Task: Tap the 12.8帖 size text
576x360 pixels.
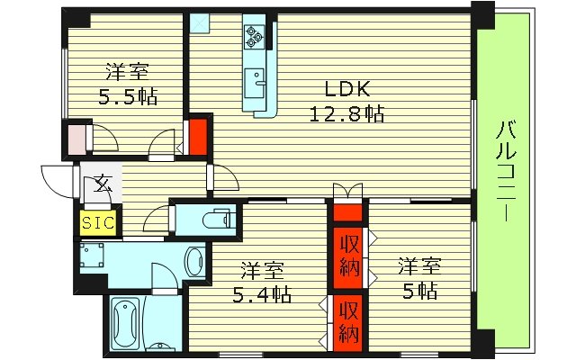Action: click(347, 114)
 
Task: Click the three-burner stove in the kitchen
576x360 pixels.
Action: click(253, 37)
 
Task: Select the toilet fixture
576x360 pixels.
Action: click(214, 218)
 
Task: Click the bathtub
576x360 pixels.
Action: click(126, 319)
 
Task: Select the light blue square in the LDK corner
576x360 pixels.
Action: click(200, 22)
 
